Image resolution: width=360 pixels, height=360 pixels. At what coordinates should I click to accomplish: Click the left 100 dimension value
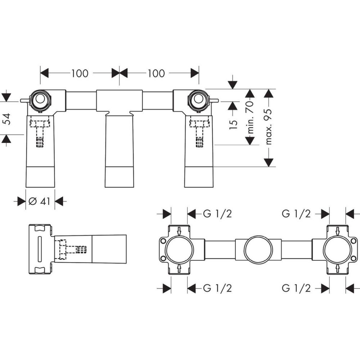[x=80, y=73]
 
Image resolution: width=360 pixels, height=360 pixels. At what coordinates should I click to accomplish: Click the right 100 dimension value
[x=156, y=73]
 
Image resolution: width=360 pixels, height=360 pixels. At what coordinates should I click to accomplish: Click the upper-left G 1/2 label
[x=217, y=214]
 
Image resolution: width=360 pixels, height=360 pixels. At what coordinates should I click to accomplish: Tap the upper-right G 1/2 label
[x=296, y=214]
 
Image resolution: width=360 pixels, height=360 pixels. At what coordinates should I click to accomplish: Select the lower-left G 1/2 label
[x=217, y=288]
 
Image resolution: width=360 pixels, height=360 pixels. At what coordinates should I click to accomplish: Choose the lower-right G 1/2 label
[x=296, y=288]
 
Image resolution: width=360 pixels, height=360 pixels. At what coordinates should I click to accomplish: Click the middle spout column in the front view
[x=119, y=151]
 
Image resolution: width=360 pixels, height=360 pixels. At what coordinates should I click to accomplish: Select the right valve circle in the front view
[x=199, y=99]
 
